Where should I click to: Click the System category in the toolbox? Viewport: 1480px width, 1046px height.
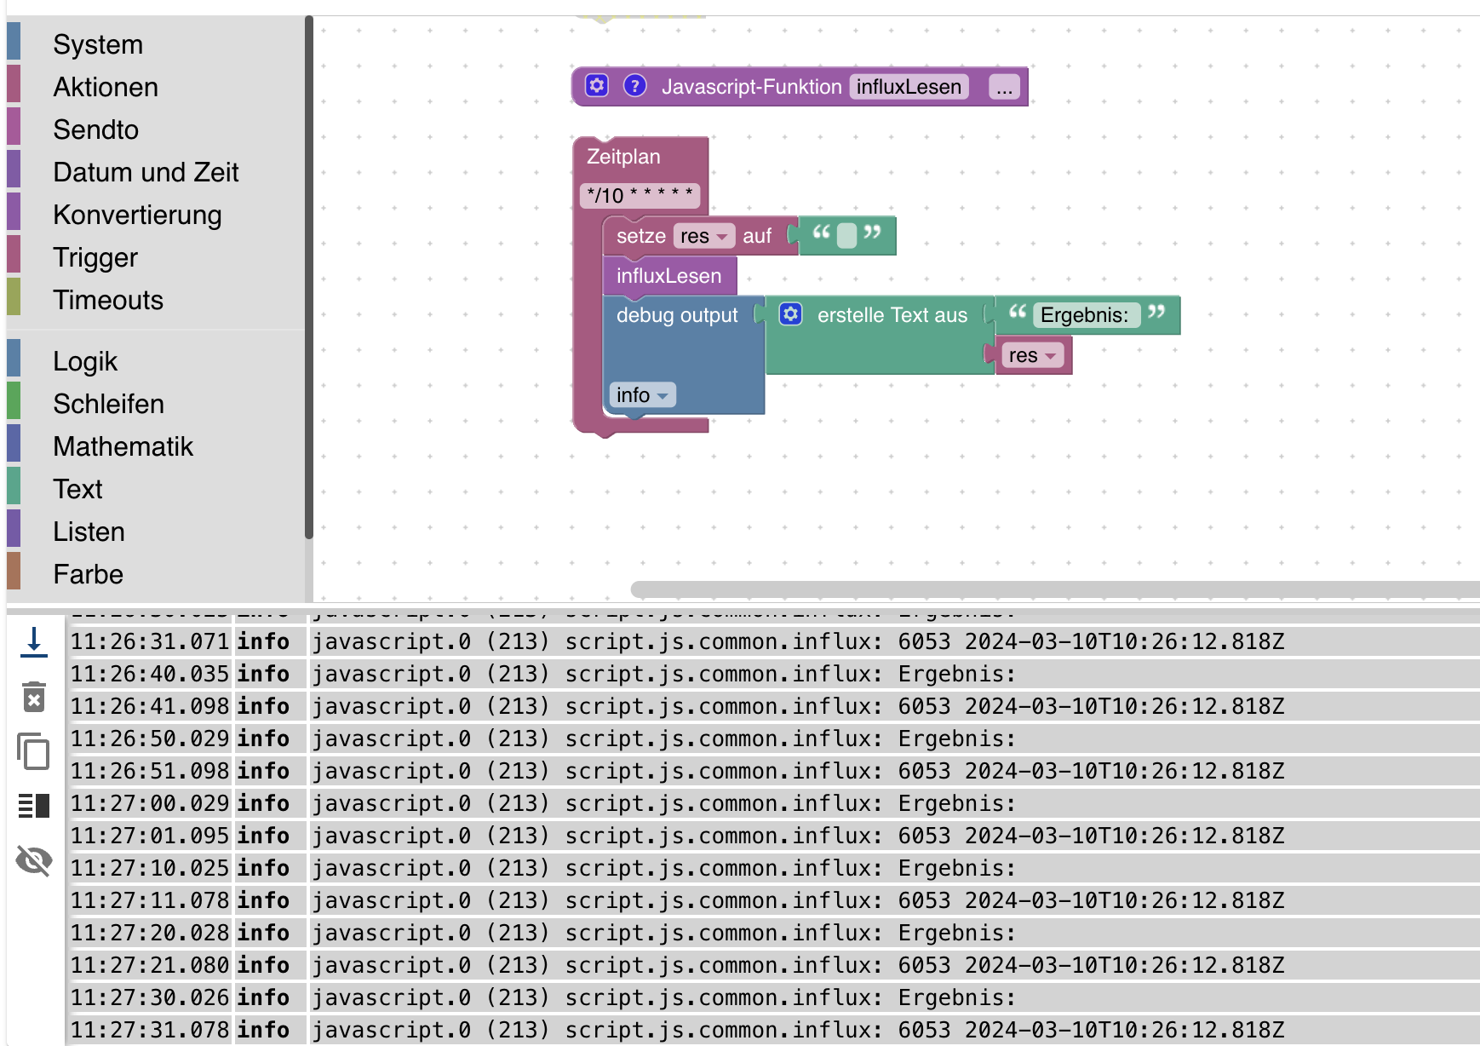97,44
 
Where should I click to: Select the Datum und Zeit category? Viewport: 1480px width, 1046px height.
145,172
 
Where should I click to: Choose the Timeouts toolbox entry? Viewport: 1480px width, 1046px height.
107,300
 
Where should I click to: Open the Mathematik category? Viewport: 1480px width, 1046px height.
123,446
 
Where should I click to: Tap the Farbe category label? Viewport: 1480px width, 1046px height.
88,574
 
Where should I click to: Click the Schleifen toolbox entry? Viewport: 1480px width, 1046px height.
108,404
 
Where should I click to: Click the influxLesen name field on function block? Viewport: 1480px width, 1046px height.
908,87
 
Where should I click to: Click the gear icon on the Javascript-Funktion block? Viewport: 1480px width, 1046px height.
597,86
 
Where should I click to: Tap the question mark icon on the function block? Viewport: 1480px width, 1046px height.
634,86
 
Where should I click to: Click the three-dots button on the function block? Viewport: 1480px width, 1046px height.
1004,88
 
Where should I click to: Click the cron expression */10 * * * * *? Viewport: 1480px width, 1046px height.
640,196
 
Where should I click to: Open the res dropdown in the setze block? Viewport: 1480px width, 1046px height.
703,236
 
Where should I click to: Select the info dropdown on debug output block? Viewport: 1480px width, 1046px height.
642,395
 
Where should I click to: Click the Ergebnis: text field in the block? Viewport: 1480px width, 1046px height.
1084,315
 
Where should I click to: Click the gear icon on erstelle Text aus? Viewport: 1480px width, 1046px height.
790,314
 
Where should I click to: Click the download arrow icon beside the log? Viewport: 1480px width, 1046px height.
34,641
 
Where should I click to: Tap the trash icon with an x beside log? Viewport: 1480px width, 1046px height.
34,697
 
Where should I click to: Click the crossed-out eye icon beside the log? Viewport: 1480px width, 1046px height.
34,860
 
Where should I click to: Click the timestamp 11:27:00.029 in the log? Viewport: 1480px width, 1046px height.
149,803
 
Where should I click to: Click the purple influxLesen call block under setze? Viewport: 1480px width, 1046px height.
668,276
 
